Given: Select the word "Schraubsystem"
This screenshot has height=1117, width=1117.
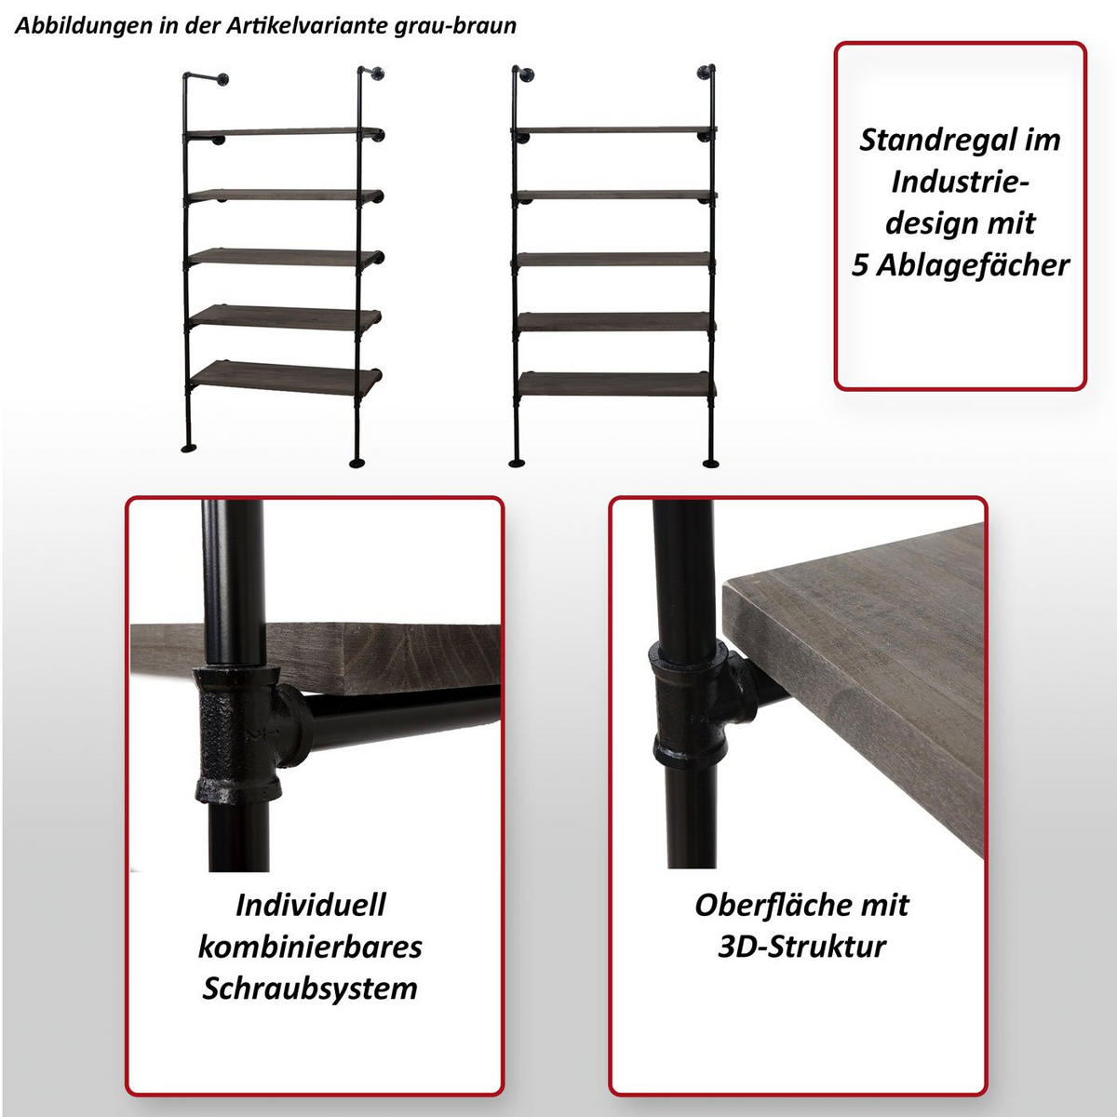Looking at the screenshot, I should [310, 988].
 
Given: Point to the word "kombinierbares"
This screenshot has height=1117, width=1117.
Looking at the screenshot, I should [310, 947].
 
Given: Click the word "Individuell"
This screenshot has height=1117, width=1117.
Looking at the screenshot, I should [310, 905].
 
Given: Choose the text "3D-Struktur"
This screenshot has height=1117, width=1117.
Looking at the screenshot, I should [801, 947].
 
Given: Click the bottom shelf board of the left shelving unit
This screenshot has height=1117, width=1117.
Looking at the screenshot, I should [284, 377].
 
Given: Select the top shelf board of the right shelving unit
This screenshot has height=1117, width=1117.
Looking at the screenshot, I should [614, 130].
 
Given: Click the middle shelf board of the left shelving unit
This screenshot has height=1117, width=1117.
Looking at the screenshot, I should [284, 257].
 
